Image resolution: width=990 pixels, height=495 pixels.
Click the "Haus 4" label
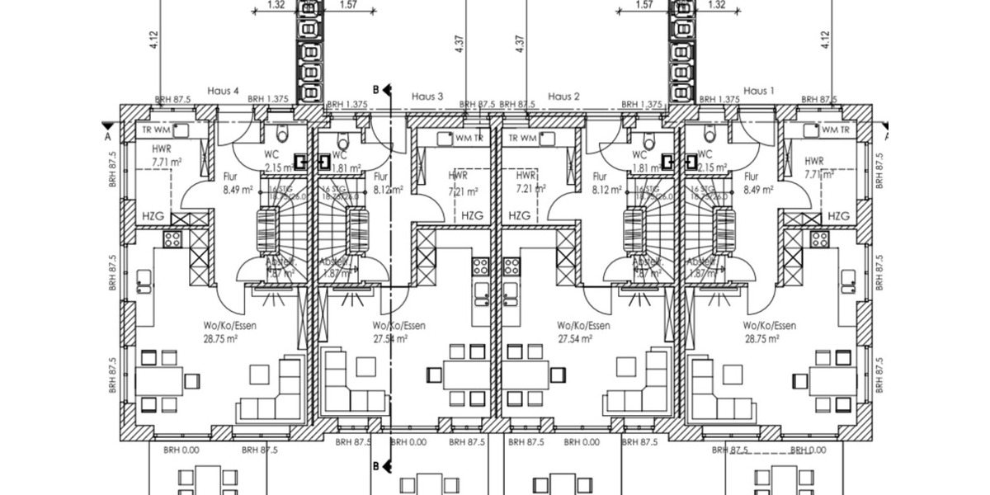[224, 91]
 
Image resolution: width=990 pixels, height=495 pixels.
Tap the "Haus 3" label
[427, 97]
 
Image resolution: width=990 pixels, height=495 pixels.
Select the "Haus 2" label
[564, 97]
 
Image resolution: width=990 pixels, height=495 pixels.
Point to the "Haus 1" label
[759, 91]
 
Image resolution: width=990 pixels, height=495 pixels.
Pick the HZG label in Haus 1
[838, 216]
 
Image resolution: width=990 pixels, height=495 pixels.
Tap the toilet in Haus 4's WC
[282, 136]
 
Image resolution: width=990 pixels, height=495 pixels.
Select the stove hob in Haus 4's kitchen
[172, 239]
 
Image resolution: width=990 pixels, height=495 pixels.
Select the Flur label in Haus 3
[380, 177]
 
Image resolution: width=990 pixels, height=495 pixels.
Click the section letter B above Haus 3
[375, 88]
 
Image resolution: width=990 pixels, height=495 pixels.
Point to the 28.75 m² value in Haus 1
[763, 338]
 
